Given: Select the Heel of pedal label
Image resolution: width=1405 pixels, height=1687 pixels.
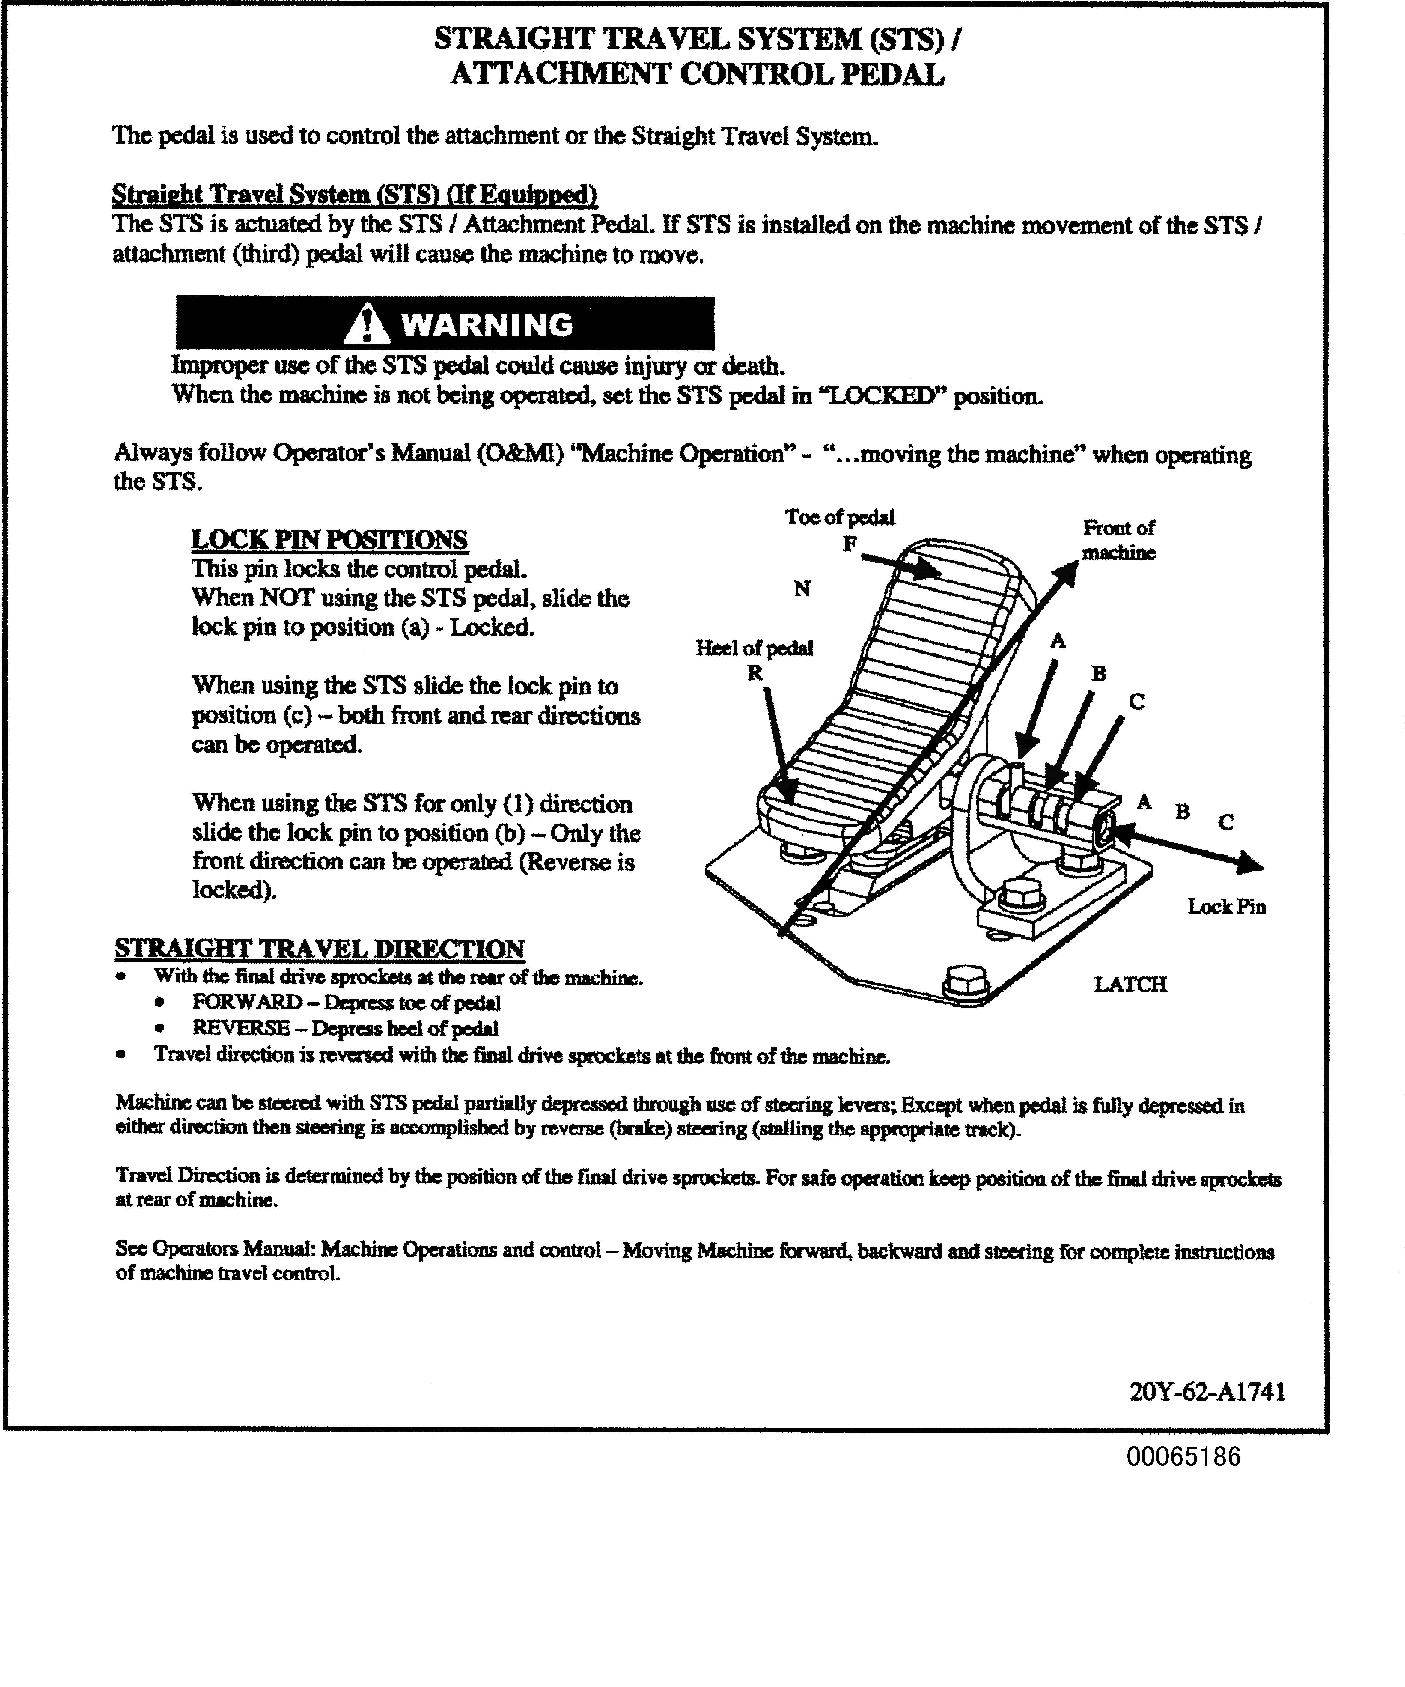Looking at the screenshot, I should pyautogui.click(x=754, y=648).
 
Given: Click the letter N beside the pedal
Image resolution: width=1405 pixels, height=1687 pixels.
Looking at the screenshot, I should pyautogui.click(x=802, y=589).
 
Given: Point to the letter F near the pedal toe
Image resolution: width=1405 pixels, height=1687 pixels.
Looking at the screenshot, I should pyautogui.click(x=849, y=544).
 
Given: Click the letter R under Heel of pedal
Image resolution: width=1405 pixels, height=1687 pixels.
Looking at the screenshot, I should pyautogui.click(x=754, y=673).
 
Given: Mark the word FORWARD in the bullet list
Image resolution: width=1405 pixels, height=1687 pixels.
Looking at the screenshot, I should pyautogui.click(x=247, y=1003).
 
